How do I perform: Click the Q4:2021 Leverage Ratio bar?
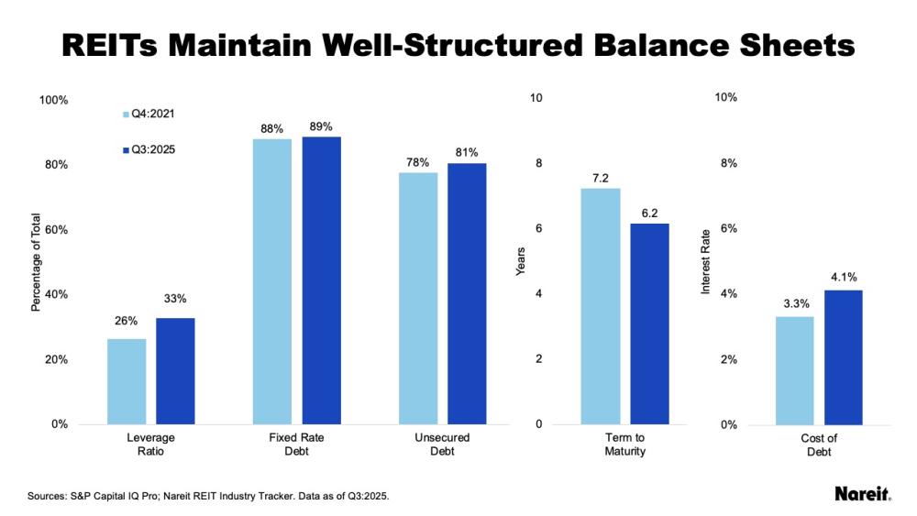pos(127,381)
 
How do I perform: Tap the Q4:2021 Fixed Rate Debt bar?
pos(271,281)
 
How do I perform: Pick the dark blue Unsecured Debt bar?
pos(467,293)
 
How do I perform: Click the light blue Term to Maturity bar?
pos(601,306)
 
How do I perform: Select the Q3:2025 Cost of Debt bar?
pos(843,357)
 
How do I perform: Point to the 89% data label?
pos(321,126)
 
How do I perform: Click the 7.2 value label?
pos(601,178)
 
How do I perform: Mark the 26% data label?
pos(127,321)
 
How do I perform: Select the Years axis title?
pos(521,261)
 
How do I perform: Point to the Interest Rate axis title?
pos(705,261)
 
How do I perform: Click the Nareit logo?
pos(862,494)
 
